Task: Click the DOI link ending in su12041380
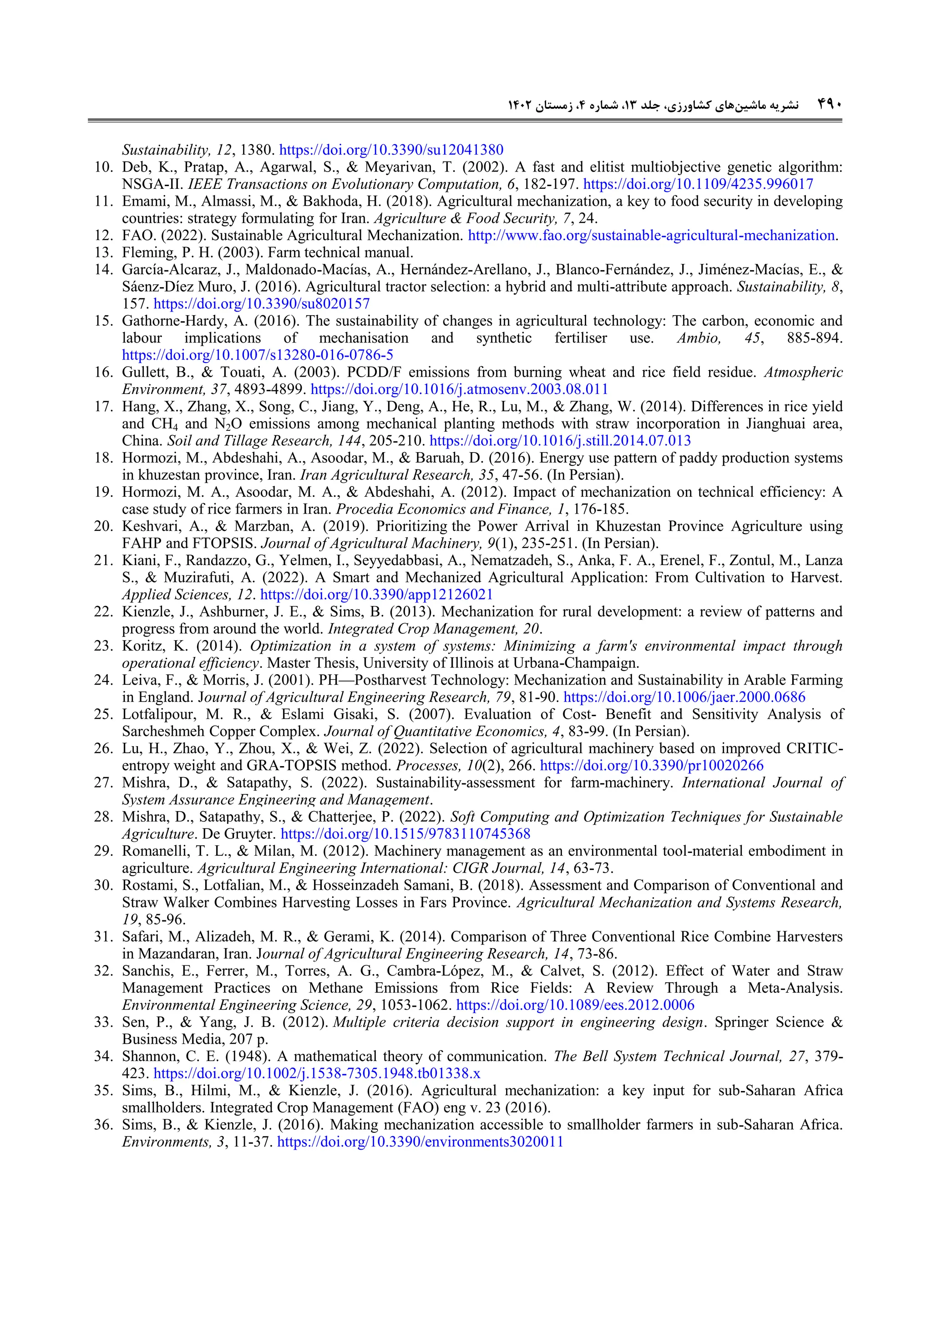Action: (391, 151)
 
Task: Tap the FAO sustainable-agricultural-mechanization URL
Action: (652, 235)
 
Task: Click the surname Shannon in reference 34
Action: (149, 1056)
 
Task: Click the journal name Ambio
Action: (698, 338)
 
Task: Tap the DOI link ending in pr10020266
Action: (652, 766)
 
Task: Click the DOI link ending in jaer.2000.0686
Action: (684, 697)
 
